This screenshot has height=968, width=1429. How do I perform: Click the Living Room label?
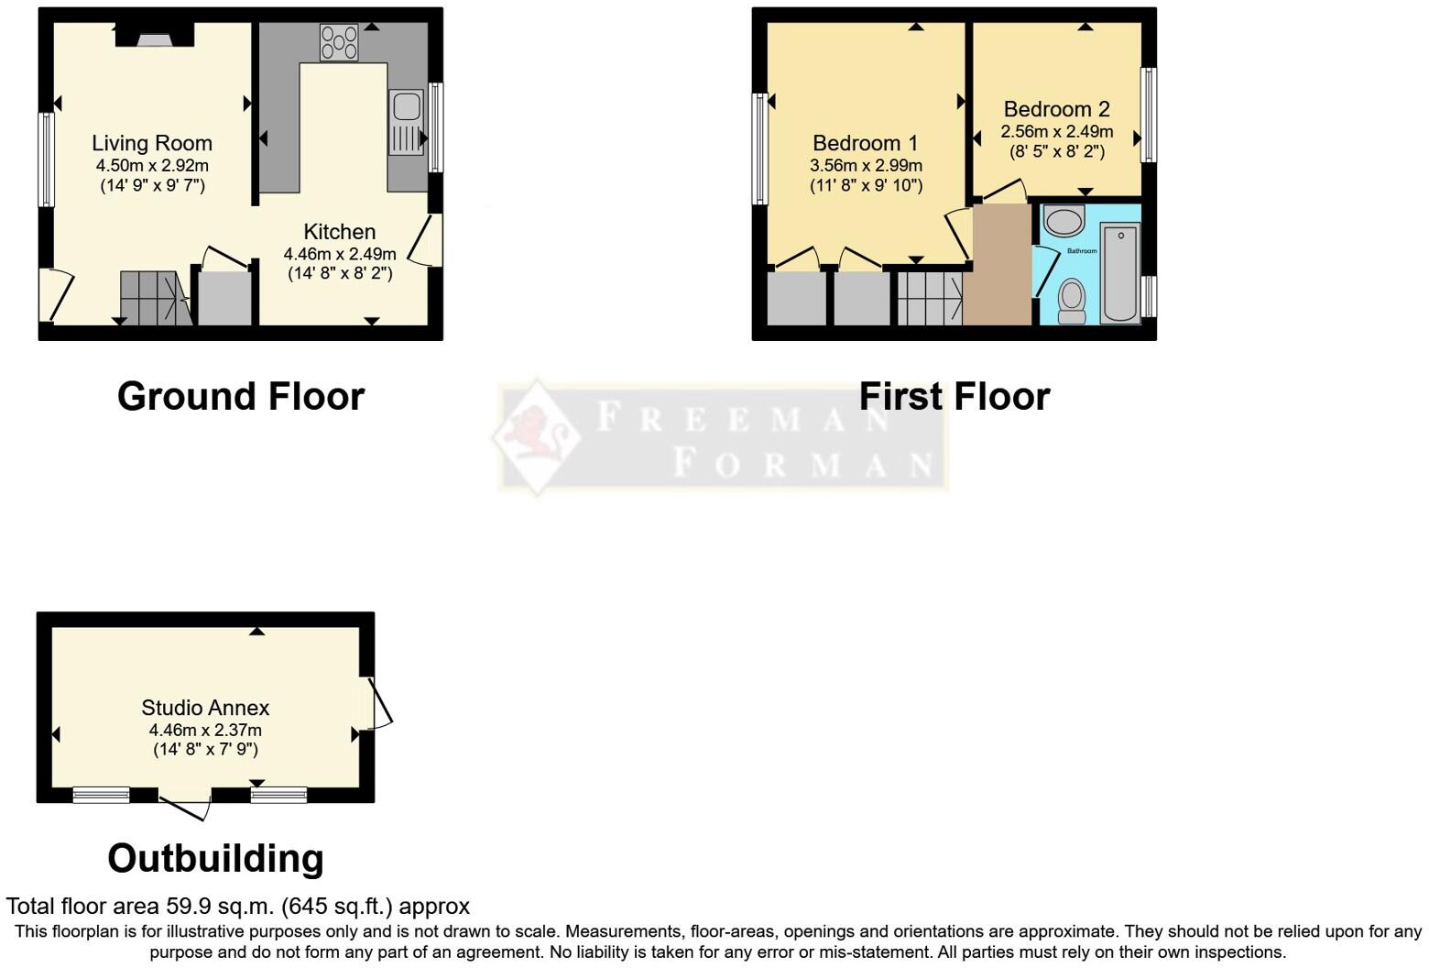click(152, 143)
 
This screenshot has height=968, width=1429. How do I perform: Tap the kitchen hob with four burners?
click(339, 42)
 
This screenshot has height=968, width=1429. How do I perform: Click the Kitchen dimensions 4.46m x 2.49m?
click(340, 254)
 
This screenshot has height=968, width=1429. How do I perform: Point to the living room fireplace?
click(155, 35)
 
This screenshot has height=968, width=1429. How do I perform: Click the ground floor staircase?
click(152, 298)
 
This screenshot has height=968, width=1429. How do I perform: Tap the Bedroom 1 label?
click(865, 143)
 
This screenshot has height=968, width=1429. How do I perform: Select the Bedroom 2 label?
click(1056, 109)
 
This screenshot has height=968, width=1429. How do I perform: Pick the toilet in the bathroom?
click(1072, 301)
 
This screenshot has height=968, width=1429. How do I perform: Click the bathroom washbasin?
click(1064, 221)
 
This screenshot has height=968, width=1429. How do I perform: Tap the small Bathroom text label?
click(1082, 251)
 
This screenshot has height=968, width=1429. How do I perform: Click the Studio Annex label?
click(205, 708)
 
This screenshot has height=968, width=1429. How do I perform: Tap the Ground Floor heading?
click(241, 396)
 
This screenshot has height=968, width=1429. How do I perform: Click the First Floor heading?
click(954, 396)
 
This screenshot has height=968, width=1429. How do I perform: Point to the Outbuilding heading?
click(215, 858)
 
